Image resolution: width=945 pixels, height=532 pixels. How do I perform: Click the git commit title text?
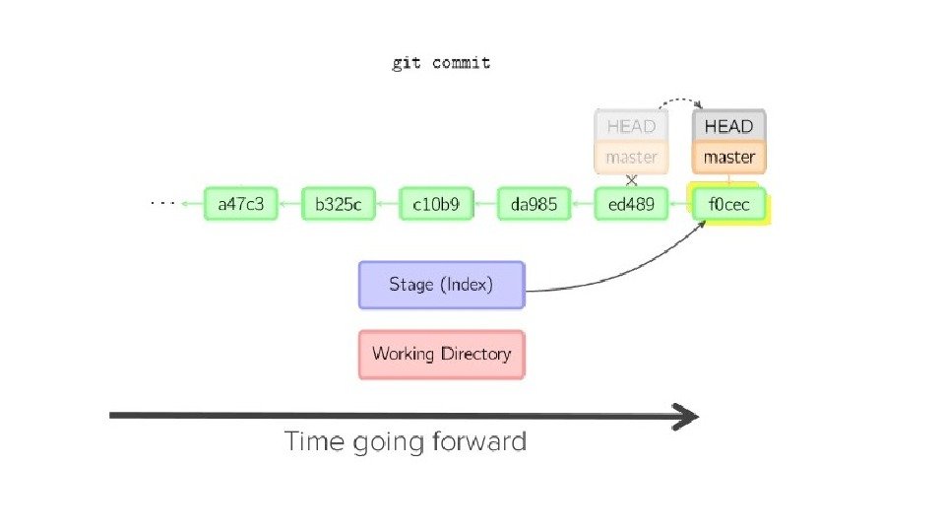pos(441,63)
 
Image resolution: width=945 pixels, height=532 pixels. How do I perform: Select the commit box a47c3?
pos(241,205)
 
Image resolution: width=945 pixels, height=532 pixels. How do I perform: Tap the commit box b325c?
pos(339,205)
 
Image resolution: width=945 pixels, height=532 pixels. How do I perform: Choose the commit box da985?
pos(535,205)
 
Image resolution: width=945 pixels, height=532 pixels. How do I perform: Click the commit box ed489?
pos(632,205)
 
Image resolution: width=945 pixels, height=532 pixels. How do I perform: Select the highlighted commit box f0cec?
pos(729,205)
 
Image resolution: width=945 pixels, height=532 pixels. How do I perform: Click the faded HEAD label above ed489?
pos(631,126)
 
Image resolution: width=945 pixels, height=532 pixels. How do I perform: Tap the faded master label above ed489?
pos(631,157)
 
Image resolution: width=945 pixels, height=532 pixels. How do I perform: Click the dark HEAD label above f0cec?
pos(728,126)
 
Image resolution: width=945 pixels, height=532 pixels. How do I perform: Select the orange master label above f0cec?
pos(728,157)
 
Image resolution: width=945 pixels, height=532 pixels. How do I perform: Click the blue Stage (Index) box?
pos(441,285)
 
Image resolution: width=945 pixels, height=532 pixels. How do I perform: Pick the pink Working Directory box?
pos(441,353)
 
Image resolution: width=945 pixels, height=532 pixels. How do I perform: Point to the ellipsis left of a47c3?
pos(162,204)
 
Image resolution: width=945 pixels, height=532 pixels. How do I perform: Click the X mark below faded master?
pos(632,180)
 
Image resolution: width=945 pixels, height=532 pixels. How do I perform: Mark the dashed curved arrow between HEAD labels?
pos(680,100)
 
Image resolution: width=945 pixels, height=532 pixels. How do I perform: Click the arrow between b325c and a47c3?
pos(289,205)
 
